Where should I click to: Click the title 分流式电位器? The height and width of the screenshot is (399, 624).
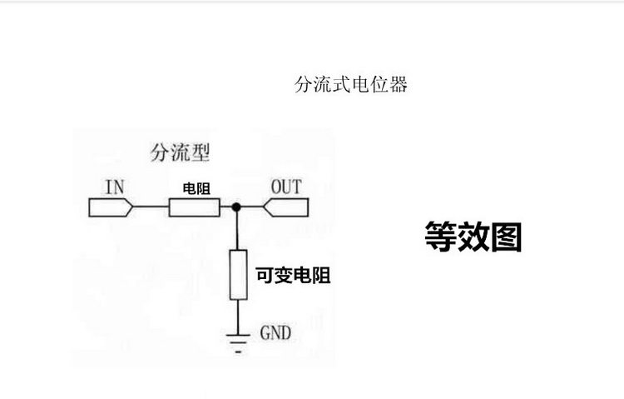tap(351, 85)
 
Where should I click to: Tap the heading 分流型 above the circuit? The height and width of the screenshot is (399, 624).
tap(180, 152)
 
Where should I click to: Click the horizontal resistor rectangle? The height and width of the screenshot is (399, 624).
tap(195, 206)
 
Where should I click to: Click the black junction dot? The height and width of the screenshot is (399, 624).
tap(237, 206)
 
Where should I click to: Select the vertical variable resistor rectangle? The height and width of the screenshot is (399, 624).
tap(238, 274)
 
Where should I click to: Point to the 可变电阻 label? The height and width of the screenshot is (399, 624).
tap(292, 276)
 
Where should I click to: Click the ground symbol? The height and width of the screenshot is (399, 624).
tap(238, 340)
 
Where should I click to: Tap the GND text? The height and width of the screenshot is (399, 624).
tap(275, 333)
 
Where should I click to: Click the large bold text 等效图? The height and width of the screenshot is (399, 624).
tap(473, 236)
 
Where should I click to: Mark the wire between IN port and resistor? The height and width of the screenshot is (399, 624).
tap(151, 206)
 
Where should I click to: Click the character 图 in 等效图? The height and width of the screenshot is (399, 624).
tap(506, 236)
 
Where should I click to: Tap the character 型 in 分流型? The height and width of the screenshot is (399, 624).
tap(200, 152)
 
